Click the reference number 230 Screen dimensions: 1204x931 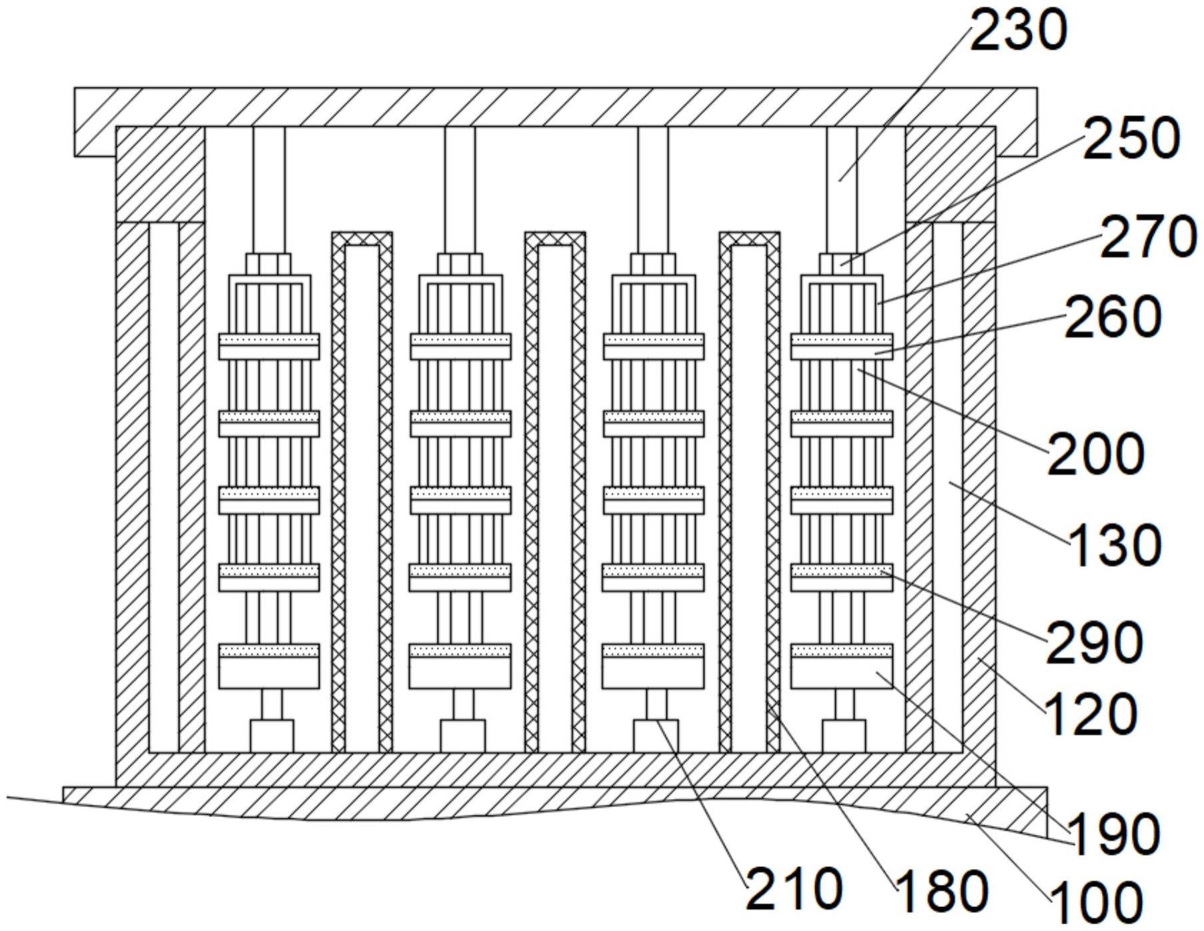point(1019,31)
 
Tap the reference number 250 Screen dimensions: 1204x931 point(1131,139)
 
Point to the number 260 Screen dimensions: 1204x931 point(1113,316)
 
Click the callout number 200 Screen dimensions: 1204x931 point(1096,453)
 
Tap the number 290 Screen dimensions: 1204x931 point(1095,642)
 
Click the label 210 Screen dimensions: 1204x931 point(794,889)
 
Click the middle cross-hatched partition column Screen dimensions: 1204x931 point(555,492)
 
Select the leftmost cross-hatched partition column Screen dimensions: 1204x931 point(362,492)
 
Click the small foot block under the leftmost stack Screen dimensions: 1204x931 point(271,736)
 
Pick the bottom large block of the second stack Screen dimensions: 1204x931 point(460,666)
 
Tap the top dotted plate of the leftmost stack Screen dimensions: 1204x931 point(269,347)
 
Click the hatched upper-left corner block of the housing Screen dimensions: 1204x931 point(160,174)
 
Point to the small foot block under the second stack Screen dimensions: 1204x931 point(462,736)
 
